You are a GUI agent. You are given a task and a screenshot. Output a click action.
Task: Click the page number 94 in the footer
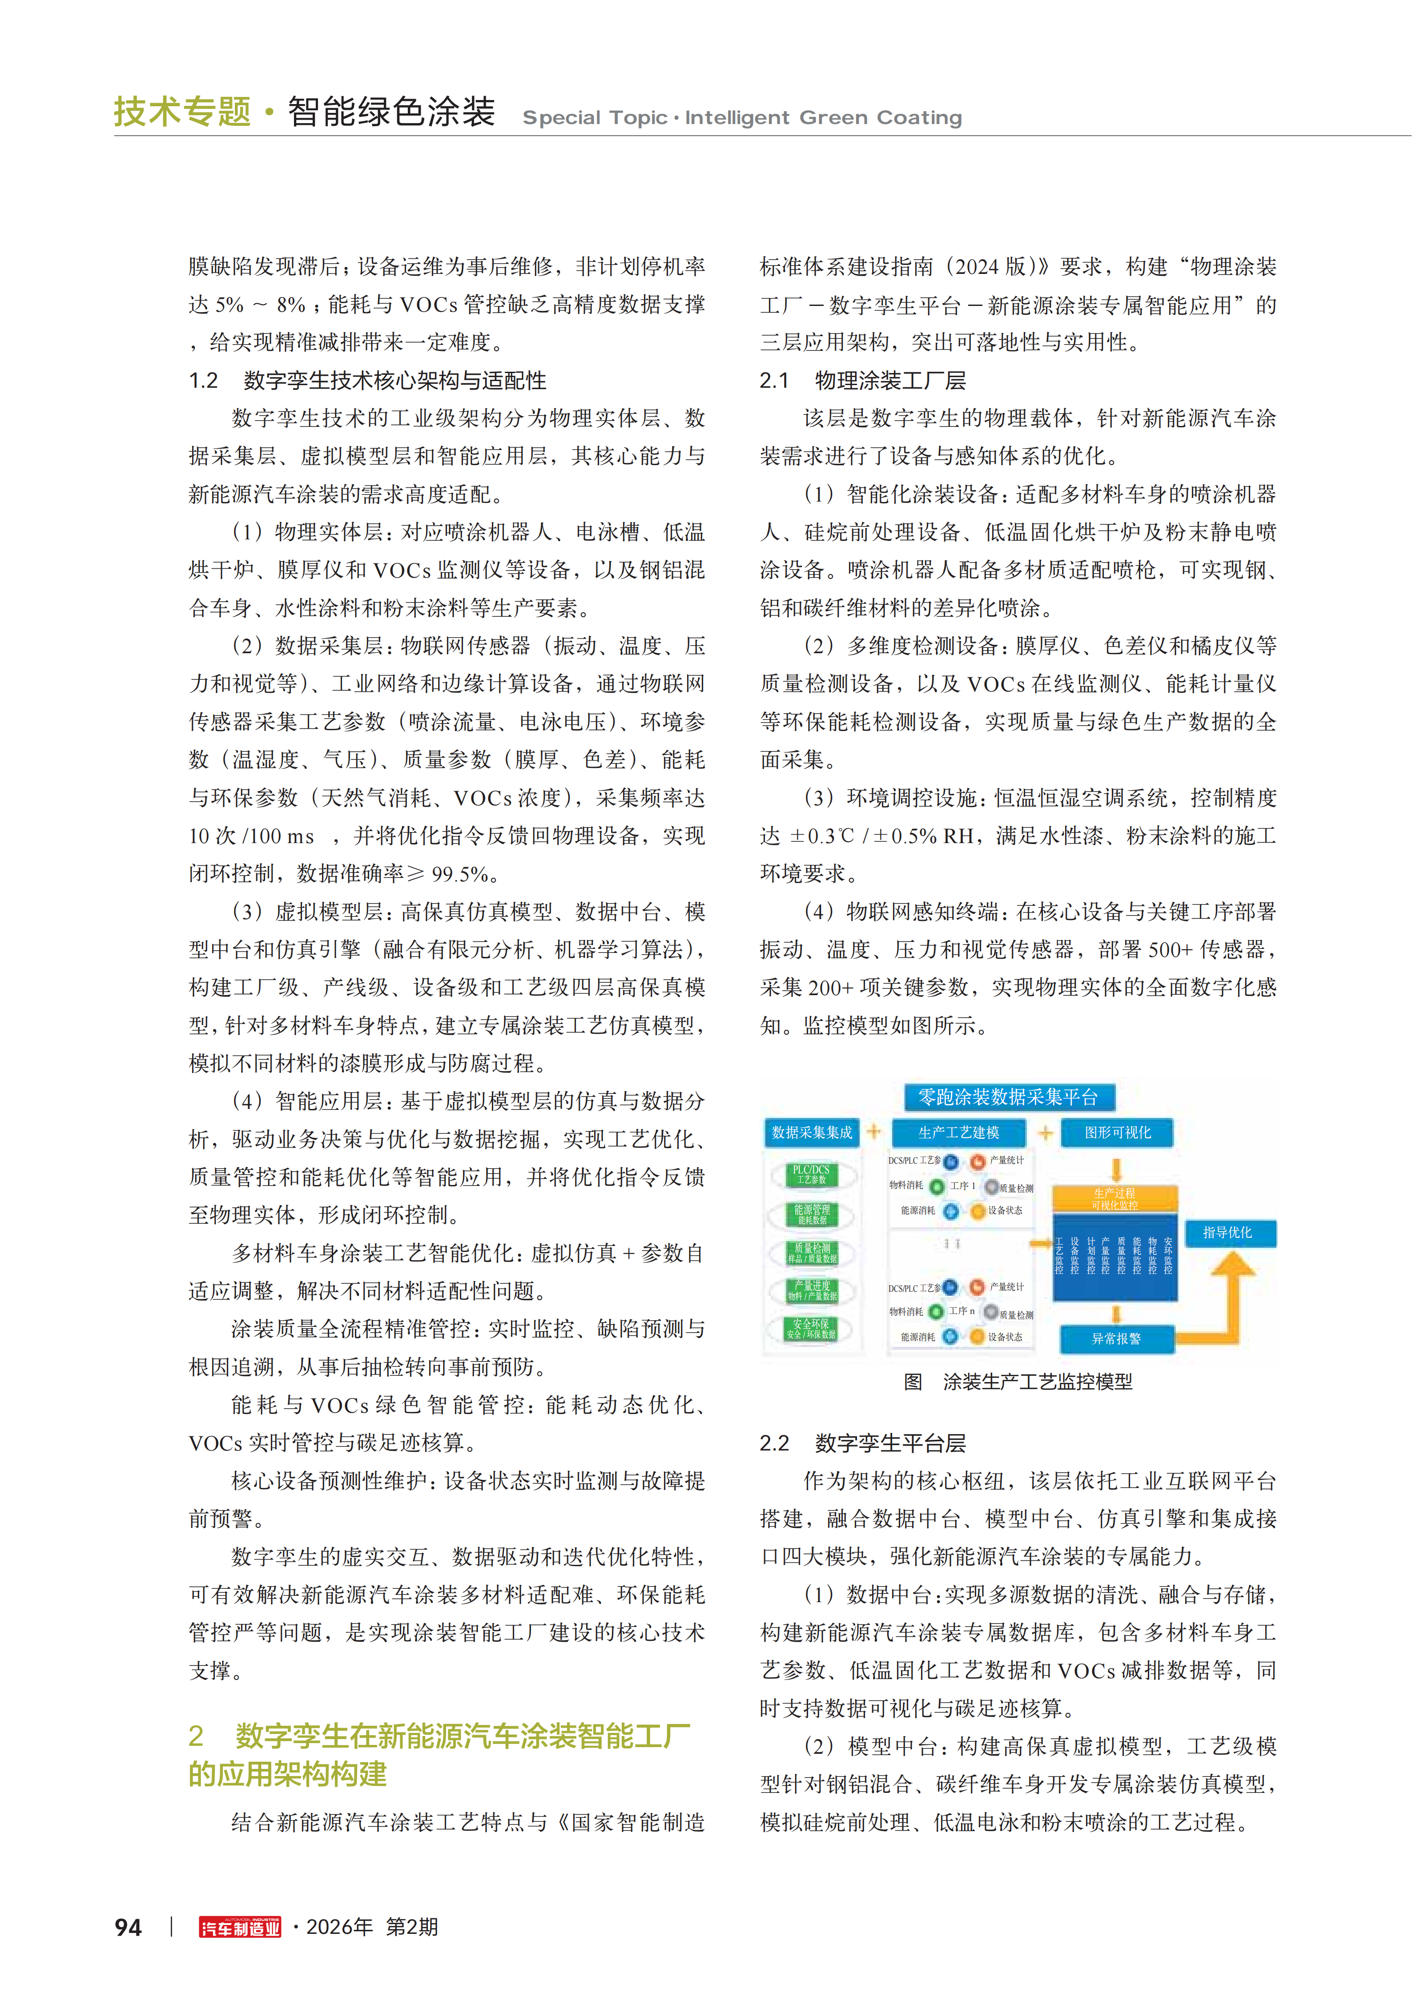point(128,1928)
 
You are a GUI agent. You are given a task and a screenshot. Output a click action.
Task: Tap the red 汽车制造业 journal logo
point(240,1928)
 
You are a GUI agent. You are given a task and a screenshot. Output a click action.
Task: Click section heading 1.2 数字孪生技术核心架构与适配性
point(368,381)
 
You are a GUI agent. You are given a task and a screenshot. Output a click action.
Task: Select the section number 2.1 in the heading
point(773,381)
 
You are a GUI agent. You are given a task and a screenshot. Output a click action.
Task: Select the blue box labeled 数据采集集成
point(812,1133)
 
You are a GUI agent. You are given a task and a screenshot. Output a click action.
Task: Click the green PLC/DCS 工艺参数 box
point(811,1174)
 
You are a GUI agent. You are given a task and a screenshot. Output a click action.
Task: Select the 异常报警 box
point(1116,1338)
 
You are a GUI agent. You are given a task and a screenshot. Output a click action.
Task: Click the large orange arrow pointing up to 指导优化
point(1232,1287)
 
